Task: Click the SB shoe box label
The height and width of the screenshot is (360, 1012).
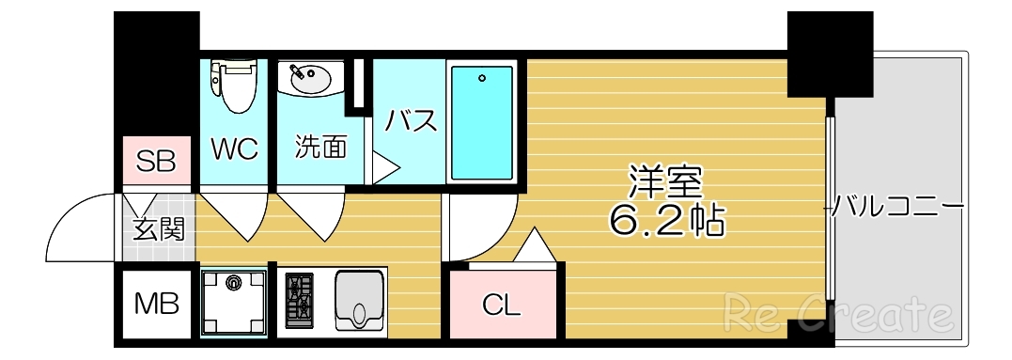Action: [156, 161]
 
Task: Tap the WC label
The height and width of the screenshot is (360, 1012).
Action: [234, 149]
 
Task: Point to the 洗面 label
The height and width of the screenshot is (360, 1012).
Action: [320, 148]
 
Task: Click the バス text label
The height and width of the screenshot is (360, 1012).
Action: [411, 121]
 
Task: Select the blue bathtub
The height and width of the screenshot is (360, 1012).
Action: [481, 122]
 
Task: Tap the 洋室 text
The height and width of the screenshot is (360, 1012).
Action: [666, 181]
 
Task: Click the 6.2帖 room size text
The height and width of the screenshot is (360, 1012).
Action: [666, 220]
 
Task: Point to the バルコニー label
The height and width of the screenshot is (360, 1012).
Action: [897, 204]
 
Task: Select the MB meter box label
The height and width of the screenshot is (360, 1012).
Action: [155, 304]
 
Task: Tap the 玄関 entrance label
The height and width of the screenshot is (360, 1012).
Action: [157, 228]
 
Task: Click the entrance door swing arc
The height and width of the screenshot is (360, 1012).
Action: [80, 226]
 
